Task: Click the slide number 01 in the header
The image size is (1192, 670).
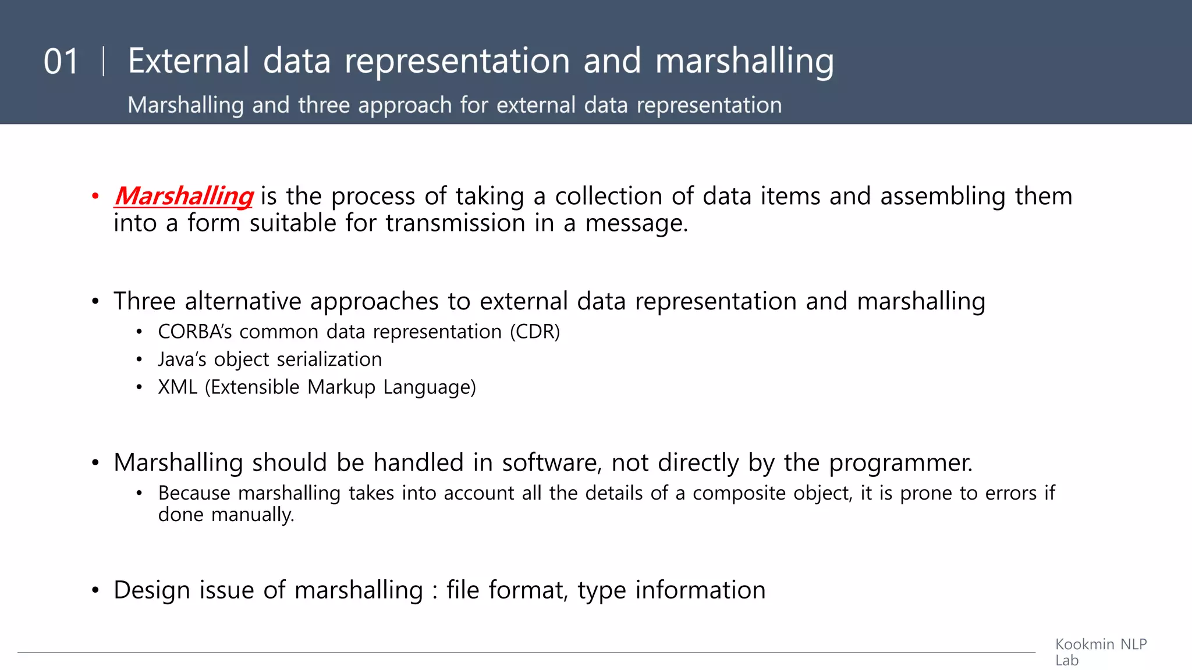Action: tap(61, 62)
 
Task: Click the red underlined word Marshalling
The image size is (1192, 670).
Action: tap(184, 196)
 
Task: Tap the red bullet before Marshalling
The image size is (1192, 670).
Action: tap(95, 196)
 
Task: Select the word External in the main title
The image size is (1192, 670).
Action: tap(189, 60)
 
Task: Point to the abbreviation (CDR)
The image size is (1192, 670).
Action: tap(535, 332)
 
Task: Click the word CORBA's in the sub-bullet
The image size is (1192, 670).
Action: tap(195, 332)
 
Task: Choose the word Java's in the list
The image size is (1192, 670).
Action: tap(182, 359)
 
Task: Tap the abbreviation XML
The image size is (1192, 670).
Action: tap(178, 387)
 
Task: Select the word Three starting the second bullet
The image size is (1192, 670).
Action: tap(144, 301)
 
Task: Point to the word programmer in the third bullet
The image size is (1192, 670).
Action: tap(900, 463)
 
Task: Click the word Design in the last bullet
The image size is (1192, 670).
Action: tap(152, 590)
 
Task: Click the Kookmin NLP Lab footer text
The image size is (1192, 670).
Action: tap(1100, 652)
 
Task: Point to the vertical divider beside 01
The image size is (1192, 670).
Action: tap(104, 62)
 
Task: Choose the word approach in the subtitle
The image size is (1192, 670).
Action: tap(405, 106)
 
